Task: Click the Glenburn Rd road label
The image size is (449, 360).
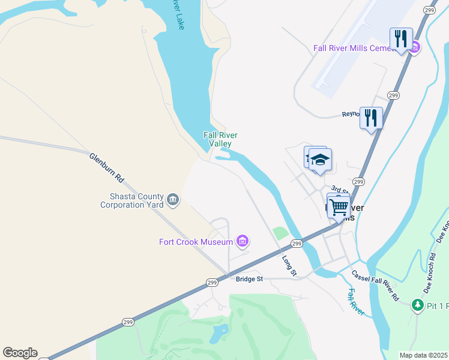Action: (x=106, y=167)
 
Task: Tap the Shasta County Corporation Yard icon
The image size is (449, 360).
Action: (x=173, y=199)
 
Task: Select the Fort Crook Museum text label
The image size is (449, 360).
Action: (x=196, y=242)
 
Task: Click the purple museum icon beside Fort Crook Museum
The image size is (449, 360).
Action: (x=243, y=242)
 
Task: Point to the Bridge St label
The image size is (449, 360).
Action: (x=249, y=279)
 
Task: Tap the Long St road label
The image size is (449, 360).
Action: (x=290, y=266)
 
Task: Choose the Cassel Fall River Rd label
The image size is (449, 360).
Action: (x=375, y=285)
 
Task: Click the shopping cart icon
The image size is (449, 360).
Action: (x=339, y=207)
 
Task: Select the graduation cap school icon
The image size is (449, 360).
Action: (x=320, y=160)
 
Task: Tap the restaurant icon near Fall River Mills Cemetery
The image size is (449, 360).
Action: (x=400, y=39)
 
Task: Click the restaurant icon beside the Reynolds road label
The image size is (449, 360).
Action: (x=371, y=117)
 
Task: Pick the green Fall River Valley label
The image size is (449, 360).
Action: (x=217, y=139)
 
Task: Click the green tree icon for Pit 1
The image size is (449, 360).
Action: (x=417, y=305)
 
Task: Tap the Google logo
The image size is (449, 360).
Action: (x=20, y=353)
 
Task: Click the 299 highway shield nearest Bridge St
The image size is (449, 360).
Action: (x=212, y=282)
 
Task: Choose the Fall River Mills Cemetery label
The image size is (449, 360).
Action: (x=354, y=48)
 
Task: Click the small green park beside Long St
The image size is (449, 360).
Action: (x=280, y=233)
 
